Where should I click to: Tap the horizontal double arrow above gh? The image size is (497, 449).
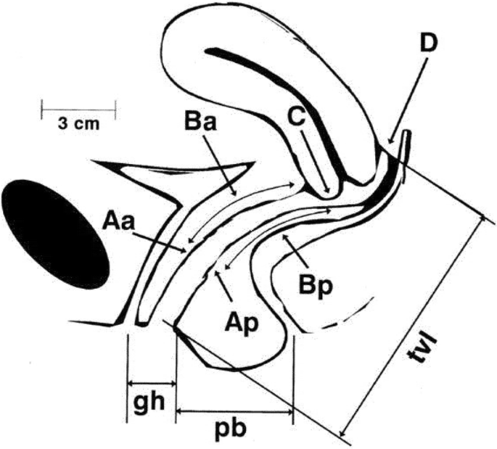pyautogui.click(x=152, y=382)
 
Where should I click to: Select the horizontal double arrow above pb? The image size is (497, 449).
pyautogui.click(x=234, y=411)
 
